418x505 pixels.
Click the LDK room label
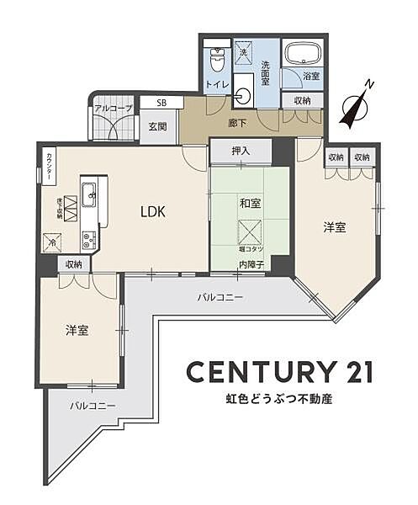(152, 212)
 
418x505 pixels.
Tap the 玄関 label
(158, 127)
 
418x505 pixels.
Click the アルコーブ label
(111, 109)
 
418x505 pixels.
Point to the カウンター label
(50, 157)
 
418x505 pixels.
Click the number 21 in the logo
(352, 371)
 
